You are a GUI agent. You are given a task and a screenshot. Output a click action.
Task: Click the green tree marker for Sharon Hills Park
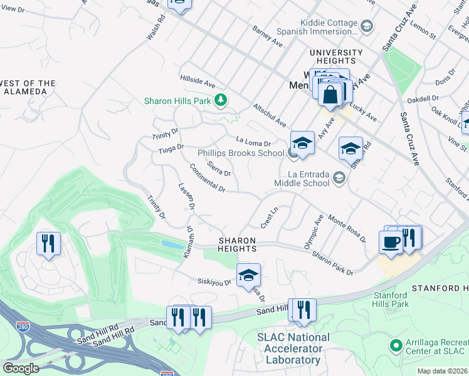[220, 100]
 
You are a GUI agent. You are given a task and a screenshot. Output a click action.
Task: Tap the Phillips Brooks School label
[241, 153]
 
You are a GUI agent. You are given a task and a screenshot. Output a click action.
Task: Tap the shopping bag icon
[330, 95]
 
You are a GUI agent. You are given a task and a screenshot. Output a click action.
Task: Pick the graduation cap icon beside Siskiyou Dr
[248, 275]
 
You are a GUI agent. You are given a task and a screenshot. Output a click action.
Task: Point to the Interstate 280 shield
[20, 326]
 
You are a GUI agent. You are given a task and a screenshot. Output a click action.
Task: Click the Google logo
[21, 368]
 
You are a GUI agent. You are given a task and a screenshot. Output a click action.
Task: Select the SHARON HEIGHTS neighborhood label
[237, 244]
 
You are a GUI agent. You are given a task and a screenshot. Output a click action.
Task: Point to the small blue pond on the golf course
[172, 244]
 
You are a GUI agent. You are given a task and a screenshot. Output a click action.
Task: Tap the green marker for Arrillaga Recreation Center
[395, 345]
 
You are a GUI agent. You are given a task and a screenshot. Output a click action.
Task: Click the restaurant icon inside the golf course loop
[48, 242]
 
